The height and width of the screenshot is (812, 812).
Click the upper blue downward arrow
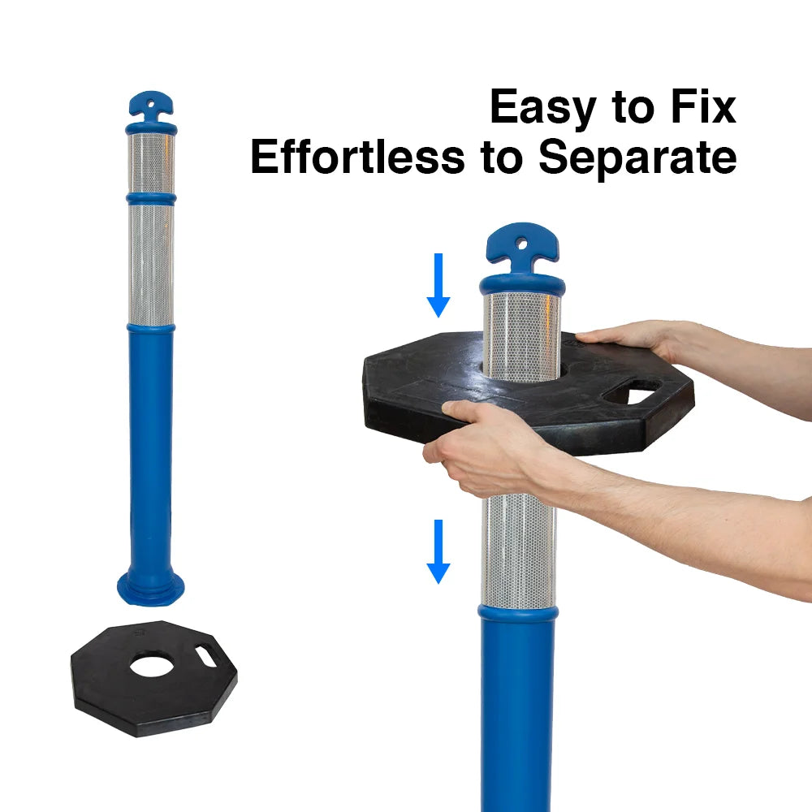[438, 284]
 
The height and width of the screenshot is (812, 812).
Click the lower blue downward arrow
[438, 551]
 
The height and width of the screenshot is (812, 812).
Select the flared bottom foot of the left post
[151, 588]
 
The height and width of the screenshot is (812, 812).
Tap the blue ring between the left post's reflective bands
[151, 198]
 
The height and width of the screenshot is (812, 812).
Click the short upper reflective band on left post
[151, 162]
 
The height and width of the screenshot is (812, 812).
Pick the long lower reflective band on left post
[151, 264]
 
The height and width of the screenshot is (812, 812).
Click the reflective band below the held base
[519, 552]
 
